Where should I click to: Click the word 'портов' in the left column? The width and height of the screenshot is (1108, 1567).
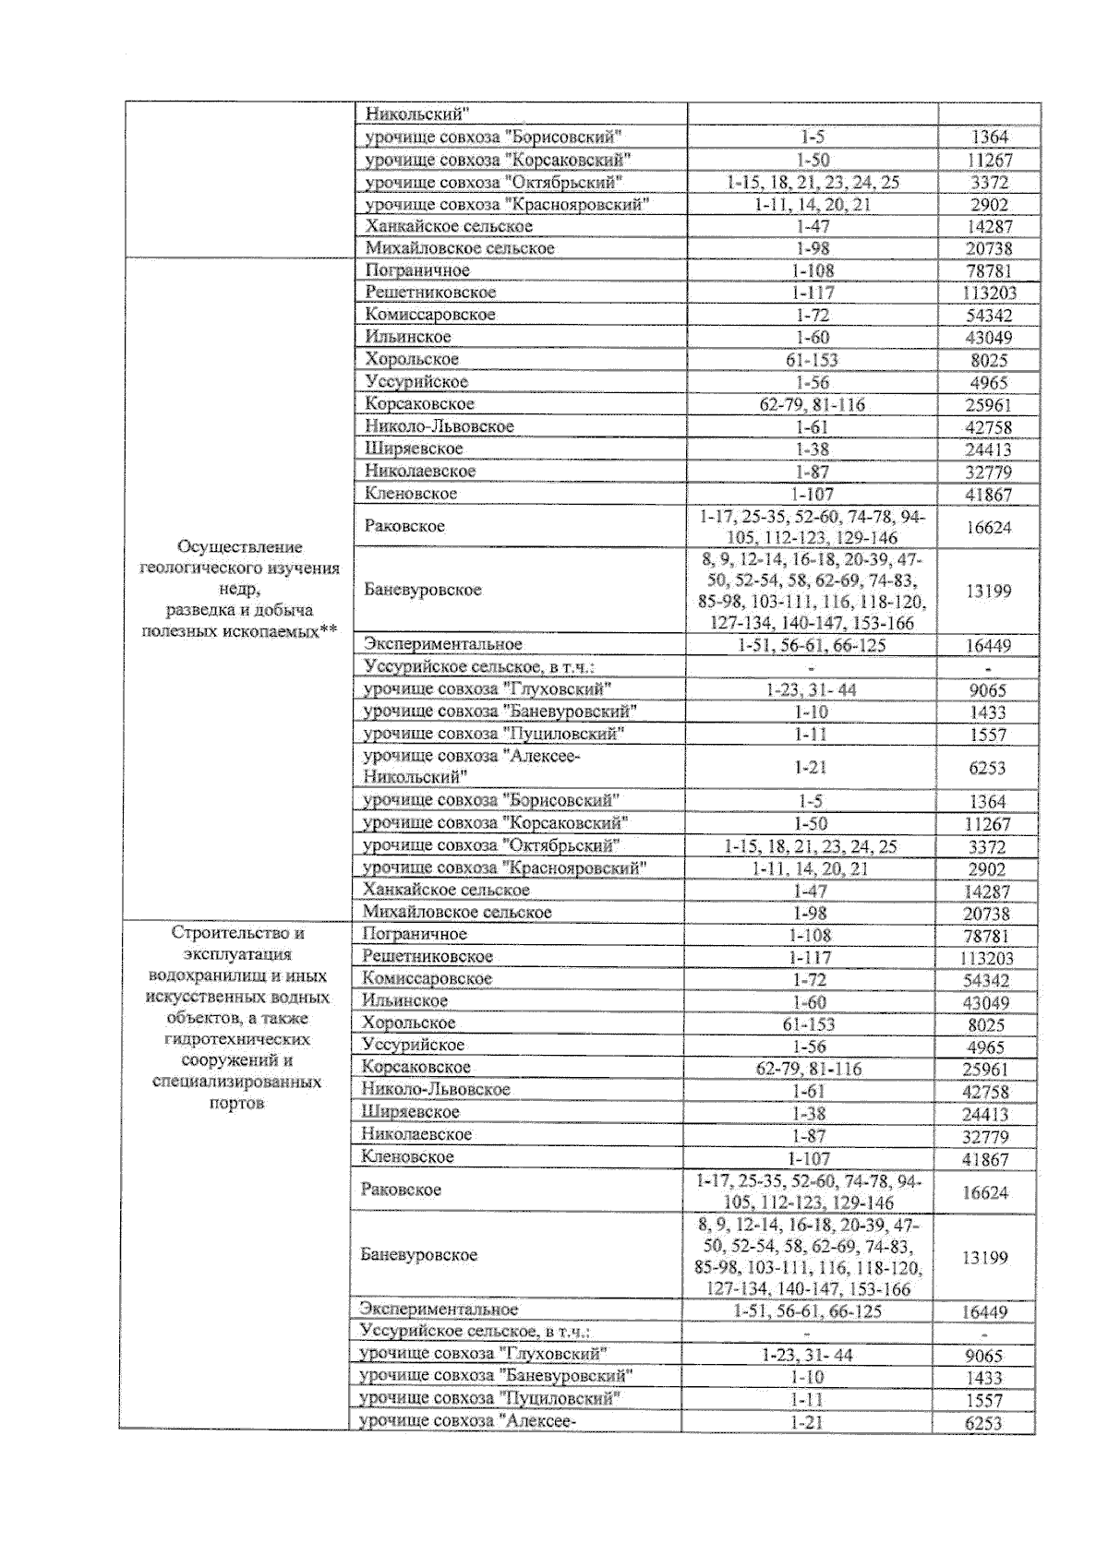click(236, 1103)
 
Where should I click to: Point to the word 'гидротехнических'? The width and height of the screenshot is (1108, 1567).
click(237, 1039)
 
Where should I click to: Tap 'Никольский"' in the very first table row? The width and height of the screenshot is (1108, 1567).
click(418, 114)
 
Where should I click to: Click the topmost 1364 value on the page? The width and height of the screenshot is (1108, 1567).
click(989, 138)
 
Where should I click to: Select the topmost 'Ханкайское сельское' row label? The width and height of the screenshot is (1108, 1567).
click(449, 226)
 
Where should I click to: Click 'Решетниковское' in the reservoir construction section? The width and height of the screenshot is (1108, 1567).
click(428, 956)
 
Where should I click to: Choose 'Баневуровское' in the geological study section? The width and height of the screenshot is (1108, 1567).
click(423, 590)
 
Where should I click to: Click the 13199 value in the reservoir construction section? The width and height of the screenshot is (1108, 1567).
click(985, 1258)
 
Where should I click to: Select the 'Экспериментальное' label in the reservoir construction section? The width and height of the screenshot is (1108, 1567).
click(440, 1309)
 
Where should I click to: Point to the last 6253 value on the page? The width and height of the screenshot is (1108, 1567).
click(983, 1423)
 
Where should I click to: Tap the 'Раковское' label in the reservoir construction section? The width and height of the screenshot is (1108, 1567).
click(402, 1190)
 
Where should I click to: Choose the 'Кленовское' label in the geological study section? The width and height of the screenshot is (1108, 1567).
click(411, 494)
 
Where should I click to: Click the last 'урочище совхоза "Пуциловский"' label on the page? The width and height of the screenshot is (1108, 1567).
click(488, 1398)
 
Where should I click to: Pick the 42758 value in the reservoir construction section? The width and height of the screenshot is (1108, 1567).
click(985, 1092)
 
